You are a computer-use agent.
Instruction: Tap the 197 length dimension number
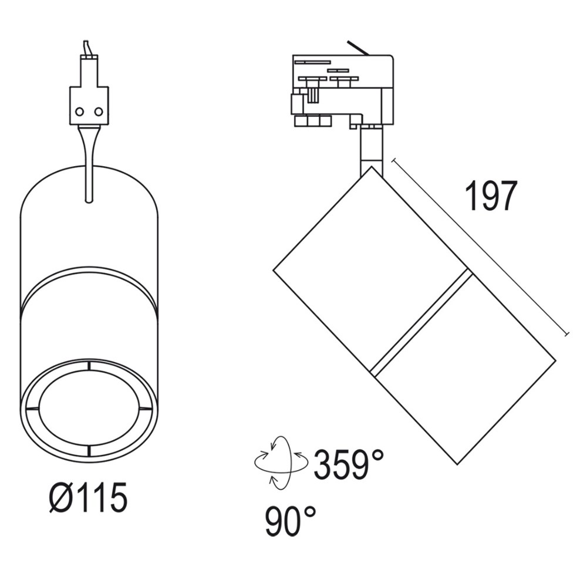[491, 196]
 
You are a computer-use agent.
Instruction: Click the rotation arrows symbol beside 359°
[281, 463]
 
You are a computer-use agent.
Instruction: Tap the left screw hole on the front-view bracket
[79, 112]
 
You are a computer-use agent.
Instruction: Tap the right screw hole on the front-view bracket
[99, 112]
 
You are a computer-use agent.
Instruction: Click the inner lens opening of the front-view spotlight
[89, 407]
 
